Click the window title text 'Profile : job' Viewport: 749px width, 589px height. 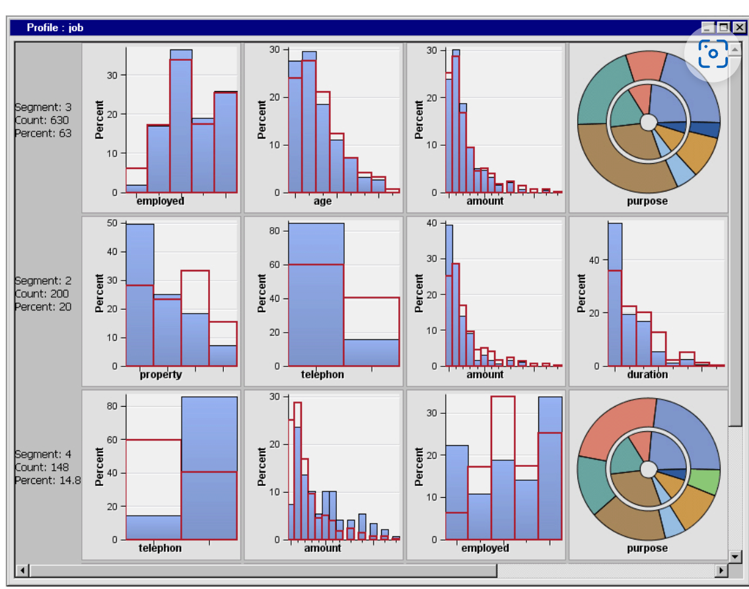click(x=55, y=28)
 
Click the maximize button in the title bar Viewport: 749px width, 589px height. click(x=723, y=28)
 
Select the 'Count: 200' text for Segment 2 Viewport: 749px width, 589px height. click(x=42, y=294)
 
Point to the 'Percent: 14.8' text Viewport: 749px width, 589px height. click(x=48, y=481)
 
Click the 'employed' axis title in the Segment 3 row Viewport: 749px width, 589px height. click(x=160, y=201)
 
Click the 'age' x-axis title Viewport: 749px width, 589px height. click(x=322, y=201)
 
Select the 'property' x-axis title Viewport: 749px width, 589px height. click(x=160, y=375)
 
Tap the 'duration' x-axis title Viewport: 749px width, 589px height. click(x=647, y=375)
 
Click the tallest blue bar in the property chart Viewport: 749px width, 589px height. click(x=140, y=297)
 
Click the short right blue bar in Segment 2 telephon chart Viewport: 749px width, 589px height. click(x=372, y=353)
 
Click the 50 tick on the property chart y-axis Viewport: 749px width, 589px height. click(x=114, y=223)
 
